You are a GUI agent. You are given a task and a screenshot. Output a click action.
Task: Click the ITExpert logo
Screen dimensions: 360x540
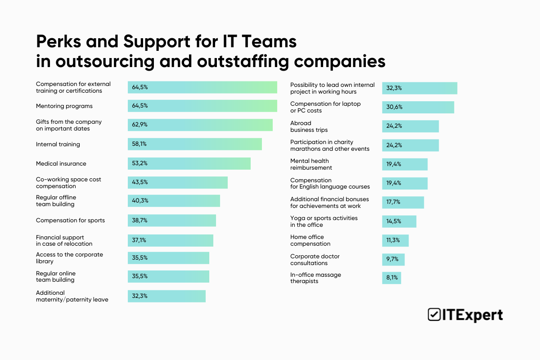465,315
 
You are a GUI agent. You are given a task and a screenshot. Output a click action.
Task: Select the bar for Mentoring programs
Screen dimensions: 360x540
202,106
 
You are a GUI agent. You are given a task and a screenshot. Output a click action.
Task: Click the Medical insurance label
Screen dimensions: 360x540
61,163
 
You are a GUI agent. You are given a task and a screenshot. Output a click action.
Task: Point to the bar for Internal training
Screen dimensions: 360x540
195,144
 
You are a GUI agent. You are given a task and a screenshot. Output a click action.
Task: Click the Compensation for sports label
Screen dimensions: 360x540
70,220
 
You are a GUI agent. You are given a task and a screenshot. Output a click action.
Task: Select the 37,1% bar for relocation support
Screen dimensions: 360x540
171,240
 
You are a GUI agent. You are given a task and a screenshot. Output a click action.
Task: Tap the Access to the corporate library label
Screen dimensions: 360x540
69,258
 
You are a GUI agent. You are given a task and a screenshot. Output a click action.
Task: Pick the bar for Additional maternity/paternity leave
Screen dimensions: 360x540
166,296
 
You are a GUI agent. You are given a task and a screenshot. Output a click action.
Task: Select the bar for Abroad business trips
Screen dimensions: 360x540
410,126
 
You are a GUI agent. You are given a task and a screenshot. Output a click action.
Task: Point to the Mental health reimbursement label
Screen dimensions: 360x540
311,164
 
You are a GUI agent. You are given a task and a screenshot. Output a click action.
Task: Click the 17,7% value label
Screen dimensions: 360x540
393,202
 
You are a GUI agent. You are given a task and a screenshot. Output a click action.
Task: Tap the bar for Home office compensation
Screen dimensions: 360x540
396,240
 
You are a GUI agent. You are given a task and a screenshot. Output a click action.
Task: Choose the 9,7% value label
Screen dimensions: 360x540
392,260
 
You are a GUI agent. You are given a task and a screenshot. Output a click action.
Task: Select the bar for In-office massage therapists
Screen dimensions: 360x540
391,278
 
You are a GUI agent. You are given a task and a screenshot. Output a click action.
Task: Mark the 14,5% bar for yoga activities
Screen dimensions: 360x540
399,221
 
